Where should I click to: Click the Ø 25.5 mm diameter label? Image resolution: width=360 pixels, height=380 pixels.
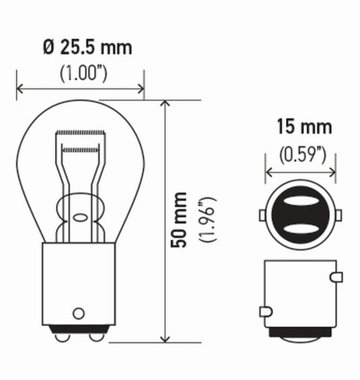click(x=86, y=48)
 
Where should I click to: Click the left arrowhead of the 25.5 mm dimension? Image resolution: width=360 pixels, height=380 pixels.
click(x=20, y=88)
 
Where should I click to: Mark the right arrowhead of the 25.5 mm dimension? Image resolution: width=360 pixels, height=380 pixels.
click(x=140, y=88)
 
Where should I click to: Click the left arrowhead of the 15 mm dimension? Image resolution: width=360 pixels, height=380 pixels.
click(x=269, y=173)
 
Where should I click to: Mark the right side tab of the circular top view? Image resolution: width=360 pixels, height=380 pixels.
click(x=337, y=215)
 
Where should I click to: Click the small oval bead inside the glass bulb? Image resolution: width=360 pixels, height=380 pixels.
click(x=80, y=218)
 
